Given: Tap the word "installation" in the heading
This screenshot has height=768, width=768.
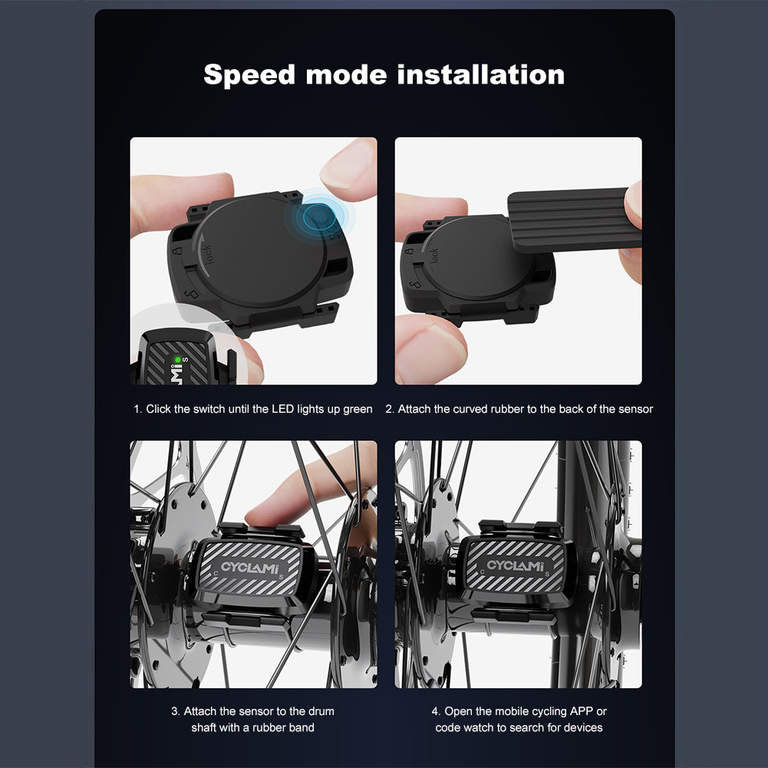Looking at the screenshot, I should [481, 75].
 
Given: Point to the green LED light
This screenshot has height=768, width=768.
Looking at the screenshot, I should [177, 358].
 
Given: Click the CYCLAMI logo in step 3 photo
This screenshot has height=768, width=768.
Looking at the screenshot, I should [253, 567].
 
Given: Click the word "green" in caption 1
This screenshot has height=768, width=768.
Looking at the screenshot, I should [358, 409].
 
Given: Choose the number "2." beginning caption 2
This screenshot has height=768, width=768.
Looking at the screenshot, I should [390, 409].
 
